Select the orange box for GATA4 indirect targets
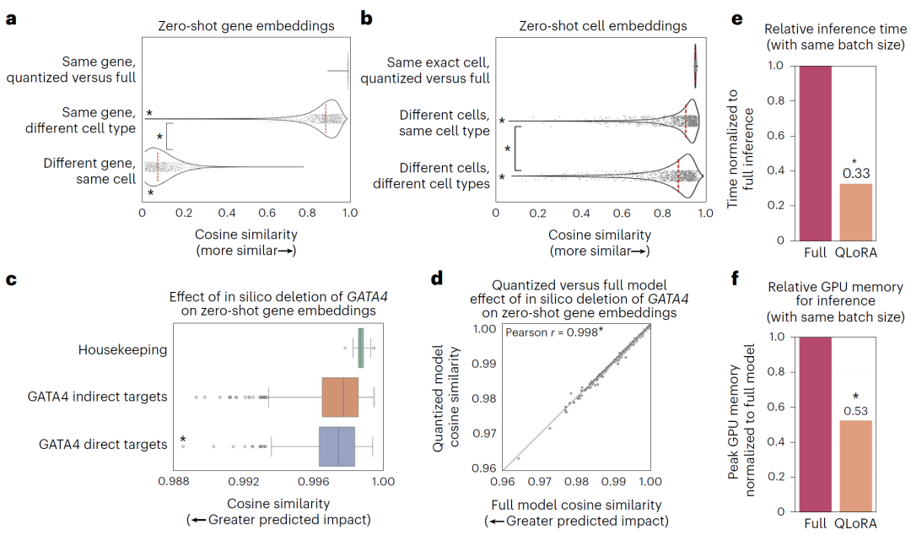point(340,397)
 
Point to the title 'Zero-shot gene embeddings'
point(245,26)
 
